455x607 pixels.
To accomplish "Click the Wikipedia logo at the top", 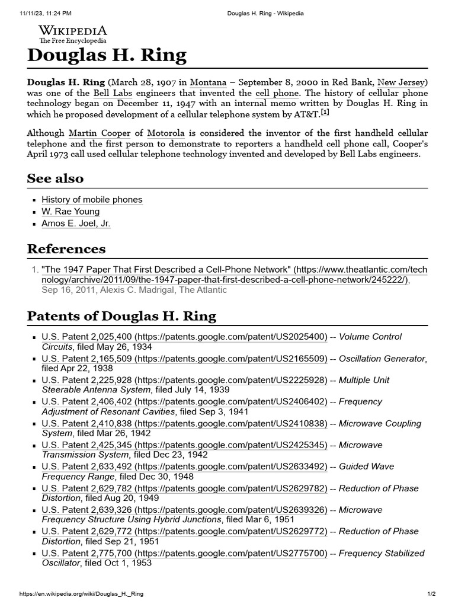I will pos(73,34).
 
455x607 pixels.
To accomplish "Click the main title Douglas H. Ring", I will pos(107,56).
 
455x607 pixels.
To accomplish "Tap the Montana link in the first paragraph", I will pos(207,82).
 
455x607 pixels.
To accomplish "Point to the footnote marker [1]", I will pos(325,113).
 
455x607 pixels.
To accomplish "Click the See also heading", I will pos(56,178).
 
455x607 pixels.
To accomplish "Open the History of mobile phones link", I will pos(92,200).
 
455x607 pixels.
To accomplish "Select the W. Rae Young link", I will pos(71,212).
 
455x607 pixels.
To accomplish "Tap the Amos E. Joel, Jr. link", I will pos(76,223).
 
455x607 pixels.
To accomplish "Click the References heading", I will pos(66,248).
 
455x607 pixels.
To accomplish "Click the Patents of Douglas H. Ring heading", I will pos(121,316).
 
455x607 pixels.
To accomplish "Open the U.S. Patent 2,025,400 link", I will pos(184,337).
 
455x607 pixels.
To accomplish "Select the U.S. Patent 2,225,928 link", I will pos(184,380).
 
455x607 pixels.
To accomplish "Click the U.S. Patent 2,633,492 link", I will pos(184,467).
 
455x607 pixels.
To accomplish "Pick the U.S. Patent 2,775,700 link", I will pos(184,553).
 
